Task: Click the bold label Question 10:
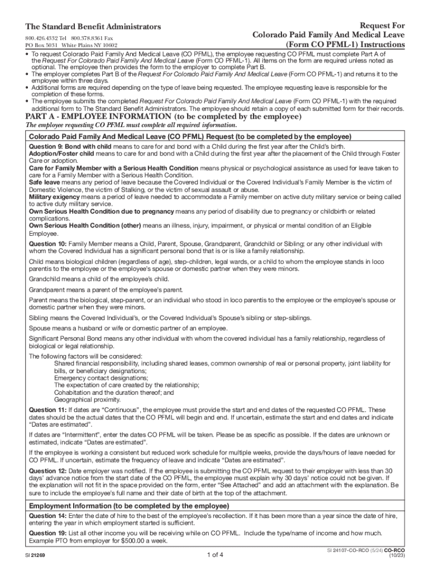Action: (x=48, y=244)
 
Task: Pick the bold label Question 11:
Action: (x=47, y=410)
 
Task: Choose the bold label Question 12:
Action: (x=48, y=471)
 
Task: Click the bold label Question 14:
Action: (x=48, y=516)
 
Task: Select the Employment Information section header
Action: (x=129, y=506)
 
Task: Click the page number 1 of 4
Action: (x=215, y=555)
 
